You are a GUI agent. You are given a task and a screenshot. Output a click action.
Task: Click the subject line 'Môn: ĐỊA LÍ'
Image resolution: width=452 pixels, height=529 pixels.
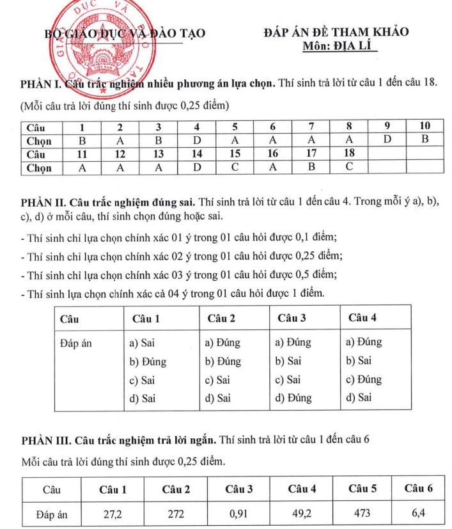342,46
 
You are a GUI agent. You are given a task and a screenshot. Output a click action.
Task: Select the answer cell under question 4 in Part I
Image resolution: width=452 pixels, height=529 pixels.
198,140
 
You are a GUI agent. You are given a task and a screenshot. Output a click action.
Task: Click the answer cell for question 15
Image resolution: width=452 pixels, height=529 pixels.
235,168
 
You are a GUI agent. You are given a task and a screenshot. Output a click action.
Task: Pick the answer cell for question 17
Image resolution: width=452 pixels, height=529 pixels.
311,168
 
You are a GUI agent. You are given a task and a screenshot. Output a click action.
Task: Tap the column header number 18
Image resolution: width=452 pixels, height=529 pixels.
349,154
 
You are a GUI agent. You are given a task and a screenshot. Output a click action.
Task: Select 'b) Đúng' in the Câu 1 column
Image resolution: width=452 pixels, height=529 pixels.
148,361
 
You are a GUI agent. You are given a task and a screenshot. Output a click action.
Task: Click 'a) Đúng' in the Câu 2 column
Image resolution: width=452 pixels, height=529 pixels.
222,342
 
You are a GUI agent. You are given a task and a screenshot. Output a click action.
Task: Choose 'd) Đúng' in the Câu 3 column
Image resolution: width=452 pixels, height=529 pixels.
293,398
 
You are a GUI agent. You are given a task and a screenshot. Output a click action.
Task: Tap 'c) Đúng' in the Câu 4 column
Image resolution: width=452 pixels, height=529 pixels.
363,379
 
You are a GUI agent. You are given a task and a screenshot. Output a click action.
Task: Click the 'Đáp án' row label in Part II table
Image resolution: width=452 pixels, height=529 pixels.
75,343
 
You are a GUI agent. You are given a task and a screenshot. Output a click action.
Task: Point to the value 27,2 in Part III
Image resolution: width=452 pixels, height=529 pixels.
113,513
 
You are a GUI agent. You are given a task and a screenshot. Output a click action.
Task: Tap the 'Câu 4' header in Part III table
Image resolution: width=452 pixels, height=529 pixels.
302,490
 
